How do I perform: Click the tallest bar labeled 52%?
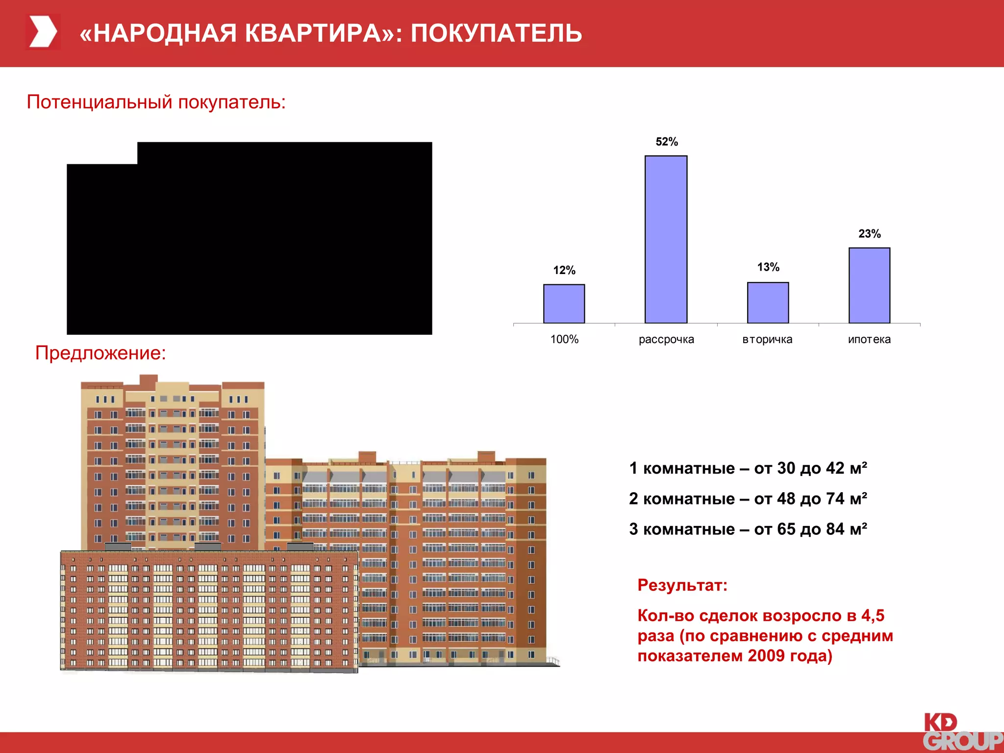[x=666, y=239]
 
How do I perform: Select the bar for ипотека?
[x=869, y=285]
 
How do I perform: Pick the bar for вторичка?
[x=768, y=302]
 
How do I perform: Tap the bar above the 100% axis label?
[x=564, y=303]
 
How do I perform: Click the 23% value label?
[x=869, y=234]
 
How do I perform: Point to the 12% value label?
[x=564, y=270]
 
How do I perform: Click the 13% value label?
[x=768, y=267]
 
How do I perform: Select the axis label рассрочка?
[x=666, y=339]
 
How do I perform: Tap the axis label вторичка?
[x=767, y=339]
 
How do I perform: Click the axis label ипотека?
[x=869, y=339]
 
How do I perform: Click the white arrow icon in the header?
[x=43, y=32]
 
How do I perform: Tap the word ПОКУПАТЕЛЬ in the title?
[x=496, y=33]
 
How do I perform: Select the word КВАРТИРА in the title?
[x=313, y=33]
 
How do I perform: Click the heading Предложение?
[x=100, y=353]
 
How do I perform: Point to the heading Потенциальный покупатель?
[x=156, y=102]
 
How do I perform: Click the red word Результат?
[x=682, y=585]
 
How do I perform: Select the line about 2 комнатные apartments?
[x=748, y=499]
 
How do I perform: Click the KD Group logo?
[x=962, y=732]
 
